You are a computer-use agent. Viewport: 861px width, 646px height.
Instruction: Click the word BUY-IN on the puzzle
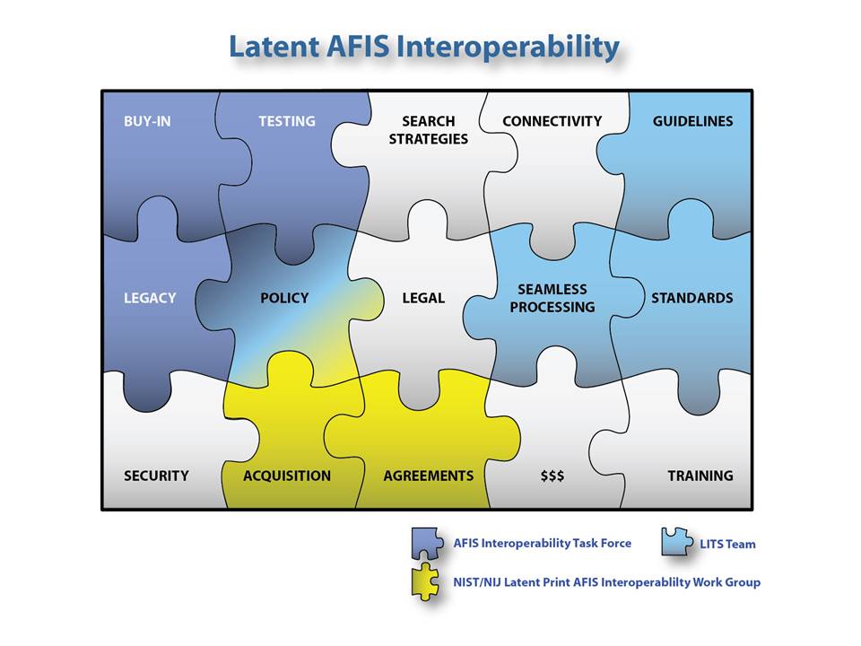click(x=147, y=121)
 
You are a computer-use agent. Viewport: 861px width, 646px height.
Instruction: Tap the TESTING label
click(x=287, y=121)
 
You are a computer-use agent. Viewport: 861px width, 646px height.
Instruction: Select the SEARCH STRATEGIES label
click(x=429, y=130)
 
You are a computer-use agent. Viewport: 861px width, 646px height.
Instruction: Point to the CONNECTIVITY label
click(x=552, y=121)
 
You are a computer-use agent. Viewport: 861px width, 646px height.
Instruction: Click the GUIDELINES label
click(x=692, y=121)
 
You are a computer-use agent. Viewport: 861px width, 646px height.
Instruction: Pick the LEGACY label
click(x=150, y=298)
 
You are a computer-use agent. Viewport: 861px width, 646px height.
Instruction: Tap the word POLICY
click(x=284, y=298)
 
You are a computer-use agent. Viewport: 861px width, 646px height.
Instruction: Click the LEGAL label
click(x=423, y=298)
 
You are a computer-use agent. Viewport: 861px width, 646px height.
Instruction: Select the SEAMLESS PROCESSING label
click(x=552, y=298)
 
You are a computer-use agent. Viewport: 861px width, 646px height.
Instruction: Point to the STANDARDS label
click(x=691, y=298)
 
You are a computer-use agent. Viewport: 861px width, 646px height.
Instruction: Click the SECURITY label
click(x=156, y=476)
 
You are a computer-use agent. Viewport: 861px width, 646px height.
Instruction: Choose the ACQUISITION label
click(x=287, y=476)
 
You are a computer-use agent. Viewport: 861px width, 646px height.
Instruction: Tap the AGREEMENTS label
click(x=429, y=476)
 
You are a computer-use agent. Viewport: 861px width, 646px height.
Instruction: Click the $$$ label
click(x=552, y=476)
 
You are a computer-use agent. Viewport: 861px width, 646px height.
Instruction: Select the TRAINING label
click(x=700, y=476)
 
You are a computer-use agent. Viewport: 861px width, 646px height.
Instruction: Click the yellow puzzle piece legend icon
click(x=425, y=581)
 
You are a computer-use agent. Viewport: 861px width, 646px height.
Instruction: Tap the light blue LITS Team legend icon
click(x=676, y=542)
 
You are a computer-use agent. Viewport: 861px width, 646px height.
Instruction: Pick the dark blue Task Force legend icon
click(x=427, y=544)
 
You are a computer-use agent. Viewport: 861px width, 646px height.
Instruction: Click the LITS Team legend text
click(x=727, y=544)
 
